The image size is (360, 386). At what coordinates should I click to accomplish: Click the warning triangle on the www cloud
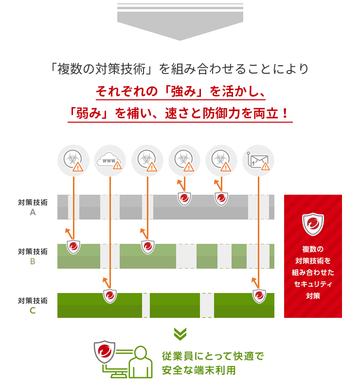coord(117,165)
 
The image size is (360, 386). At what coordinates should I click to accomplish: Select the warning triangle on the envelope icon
coord(266,166)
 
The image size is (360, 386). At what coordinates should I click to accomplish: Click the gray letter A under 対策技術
coord(33,212)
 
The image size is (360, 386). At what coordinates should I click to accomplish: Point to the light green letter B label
coord(33,261)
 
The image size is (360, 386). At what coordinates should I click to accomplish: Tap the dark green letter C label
coord(33,311)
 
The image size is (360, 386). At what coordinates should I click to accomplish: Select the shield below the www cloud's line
coord(110,295)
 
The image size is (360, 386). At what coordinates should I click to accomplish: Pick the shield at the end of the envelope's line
coord(259,295)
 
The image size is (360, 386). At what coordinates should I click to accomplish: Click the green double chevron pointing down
coord(180,333)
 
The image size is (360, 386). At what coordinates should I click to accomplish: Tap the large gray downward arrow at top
coord(180,24)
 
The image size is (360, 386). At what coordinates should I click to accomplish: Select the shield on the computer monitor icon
coord(105,352)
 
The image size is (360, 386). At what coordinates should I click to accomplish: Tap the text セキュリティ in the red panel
coord(313,284)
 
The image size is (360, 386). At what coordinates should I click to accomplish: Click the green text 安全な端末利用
coord(198,370)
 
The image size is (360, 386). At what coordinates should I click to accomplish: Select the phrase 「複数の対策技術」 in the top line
coord(102,69)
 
